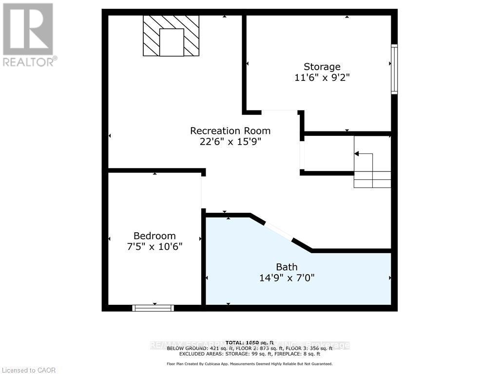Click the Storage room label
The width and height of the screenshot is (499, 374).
(322, 67)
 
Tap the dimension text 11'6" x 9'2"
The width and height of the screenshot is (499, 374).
(322, 77)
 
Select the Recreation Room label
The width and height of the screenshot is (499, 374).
(230, 131)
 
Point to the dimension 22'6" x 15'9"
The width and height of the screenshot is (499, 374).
(230, 142)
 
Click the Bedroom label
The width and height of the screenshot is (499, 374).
(154, 236)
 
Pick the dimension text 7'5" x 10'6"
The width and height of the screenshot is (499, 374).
(154, 246)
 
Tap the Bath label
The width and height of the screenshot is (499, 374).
(287, 267)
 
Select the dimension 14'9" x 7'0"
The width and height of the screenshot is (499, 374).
(287, 278)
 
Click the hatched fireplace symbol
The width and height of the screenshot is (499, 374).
(171, 36)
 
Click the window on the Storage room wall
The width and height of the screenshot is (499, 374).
(394, 69)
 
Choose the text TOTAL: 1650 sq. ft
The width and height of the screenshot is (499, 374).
(249, 342)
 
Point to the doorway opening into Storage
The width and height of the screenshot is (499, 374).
(280, 112)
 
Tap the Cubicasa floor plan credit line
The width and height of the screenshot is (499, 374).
(249, 364)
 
